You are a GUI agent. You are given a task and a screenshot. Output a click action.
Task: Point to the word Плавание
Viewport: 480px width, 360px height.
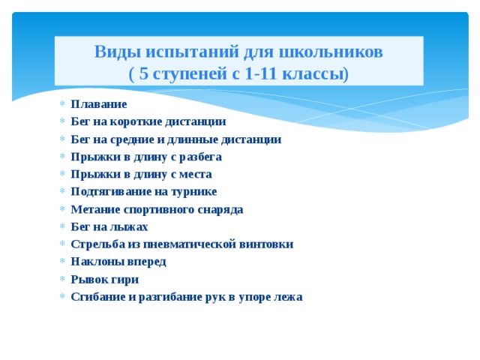pos(98,104)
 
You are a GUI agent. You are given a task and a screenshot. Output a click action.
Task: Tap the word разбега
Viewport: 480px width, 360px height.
pos(199,157)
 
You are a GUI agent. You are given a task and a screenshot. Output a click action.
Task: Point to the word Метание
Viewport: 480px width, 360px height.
pos(94,209)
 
